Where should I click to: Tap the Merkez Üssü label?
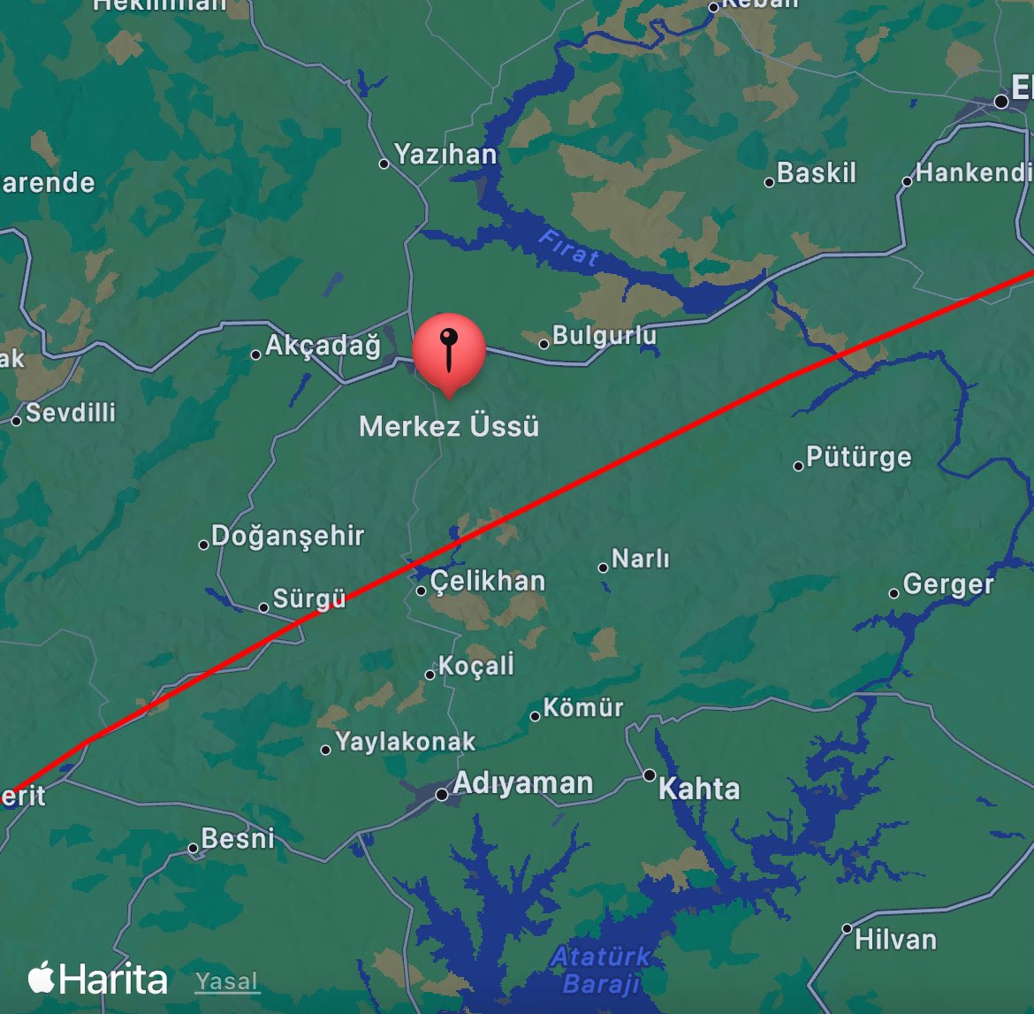449,426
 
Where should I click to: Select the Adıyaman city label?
522,783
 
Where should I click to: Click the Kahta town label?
699,789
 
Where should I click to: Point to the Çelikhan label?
488,581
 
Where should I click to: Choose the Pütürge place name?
858,457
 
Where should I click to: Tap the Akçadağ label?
323,345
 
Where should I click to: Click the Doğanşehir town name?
288,536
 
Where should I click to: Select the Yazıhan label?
445,155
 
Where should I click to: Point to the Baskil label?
817,172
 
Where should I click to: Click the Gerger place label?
948,584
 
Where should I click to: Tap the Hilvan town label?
895,939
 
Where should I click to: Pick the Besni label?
238,838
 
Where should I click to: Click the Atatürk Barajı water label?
601,970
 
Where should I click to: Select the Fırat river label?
569,248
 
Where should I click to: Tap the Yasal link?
227,981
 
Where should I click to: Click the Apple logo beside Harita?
42,978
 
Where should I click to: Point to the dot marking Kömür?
535,716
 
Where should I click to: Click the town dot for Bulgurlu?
544,344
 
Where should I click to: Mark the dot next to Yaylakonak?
326,750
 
